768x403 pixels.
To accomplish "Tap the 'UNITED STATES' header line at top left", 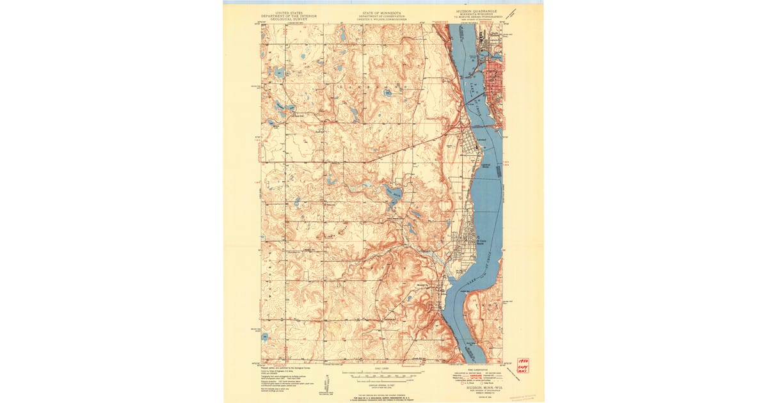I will [289, 12].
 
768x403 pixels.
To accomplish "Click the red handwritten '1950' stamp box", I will [522, 365].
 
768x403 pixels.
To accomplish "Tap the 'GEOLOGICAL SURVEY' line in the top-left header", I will [289, 19].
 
